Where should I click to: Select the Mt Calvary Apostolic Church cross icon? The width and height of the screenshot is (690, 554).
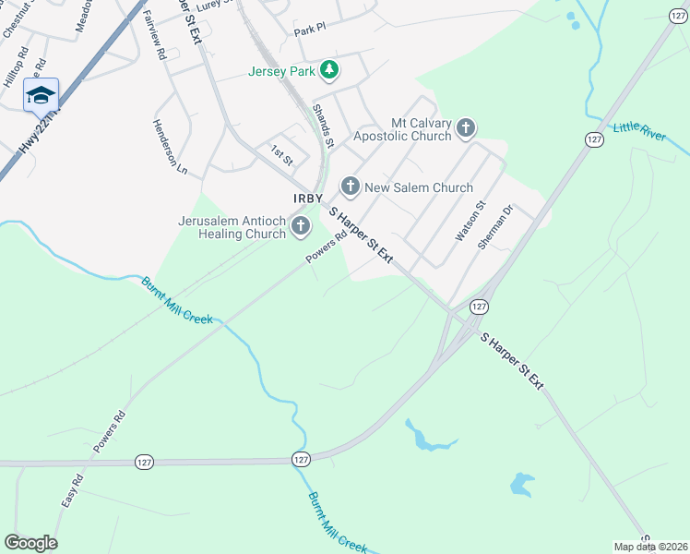tap(466, 127)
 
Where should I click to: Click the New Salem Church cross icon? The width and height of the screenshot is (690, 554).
tap(350, 187)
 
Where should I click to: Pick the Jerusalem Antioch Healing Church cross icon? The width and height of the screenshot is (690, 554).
tap(300, 225)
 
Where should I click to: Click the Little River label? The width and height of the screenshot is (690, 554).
tap(639, 130)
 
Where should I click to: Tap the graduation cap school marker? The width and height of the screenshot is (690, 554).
tap(41, 95)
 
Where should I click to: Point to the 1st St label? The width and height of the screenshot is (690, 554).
tap(280, 154)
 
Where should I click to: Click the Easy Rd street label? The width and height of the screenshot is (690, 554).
tap(73, 490)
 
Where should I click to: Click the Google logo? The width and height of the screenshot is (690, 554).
tap(30, 543)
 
